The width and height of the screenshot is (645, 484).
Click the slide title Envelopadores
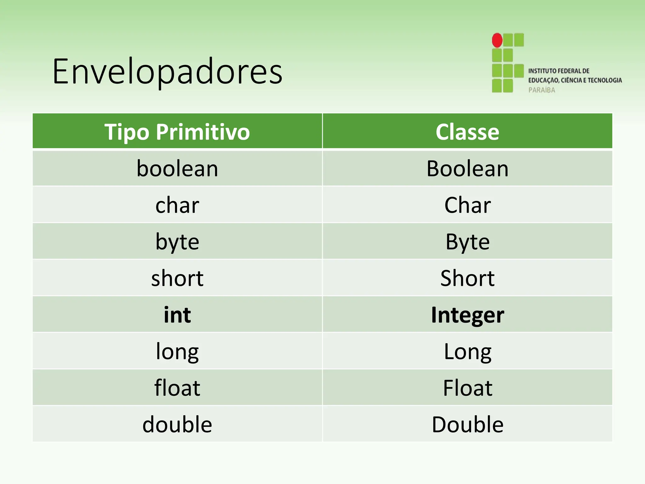coord(167,72)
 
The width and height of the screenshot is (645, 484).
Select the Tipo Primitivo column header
coord(177,131)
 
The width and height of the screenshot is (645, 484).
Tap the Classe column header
coord(467,131)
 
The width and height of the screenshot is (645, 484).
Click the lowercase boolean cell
coord(177,169)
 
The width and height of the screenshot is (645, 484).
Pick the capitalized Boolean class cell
coord(467,169)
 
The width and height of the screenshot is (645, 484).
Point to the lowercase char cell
coord(177,205)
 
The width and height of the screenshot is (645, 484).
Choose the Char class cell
coord(467,205)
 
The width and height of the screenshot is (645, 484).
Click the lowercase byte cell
coord(177,242)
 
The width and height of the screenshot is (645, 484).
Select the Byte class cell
coord(467,242)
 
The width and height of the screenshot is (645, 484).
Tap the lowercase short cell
coord(177,278)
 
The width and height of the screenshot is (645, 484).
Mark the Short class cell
coord(467,278)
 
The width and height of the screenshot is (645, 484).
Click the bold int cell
coord(177,315)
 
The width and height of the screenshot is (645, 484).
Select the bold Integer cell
coord(467,315)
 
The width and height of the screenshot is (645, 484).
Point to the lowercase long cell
coord(177,351)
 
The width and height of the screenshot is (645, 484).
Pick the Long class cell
coord(467,351)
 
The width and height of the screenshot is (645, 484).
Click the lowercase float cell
coord(177,388)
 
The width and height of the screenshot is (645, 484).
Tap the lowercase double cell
coord(177,424)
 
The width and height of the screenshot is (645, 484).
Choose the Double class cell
coord(467,424)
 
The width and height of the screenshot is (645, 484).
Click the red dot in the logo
coord(497,40)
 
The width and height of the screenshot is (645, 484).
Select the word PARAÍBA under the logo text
coord(542,90)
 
